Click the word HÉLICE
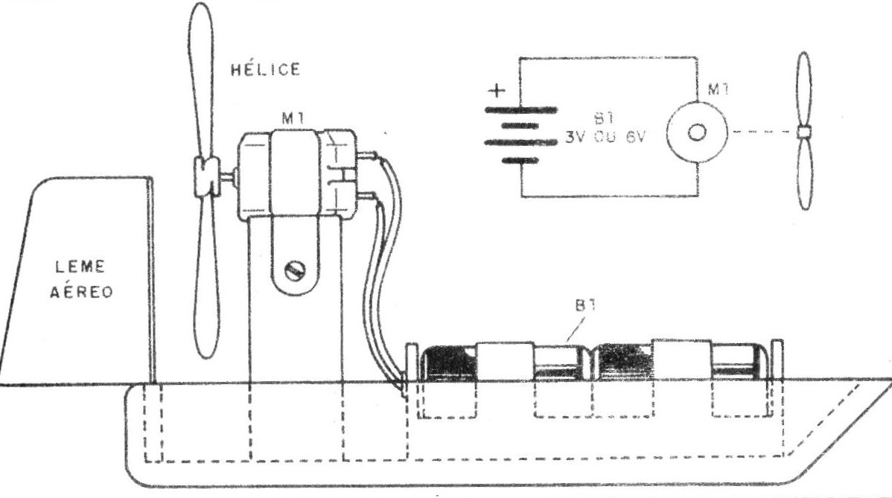pyautogui.click(x=265, y=68)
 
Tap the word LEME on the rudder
pyautogui.click(x=80, y=266)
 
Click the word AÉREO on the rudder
pyautogui.click(x=81, y=293)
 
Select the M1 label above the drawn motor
pyautogui.click(x=293, y=118)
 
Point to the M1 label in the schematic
pyautogui.click(x=718, y=89)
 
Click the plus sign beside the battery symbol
pyautogui.click(x=497, y=90)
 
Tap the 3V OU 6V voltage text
pyautogui.click(x=605, y=137)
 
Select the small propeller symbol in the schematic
pyautogui.click(x=803, y=131)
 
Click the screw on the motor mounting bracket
pyautogui.click(x=296, y=270)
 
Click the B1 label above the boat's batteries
pyautogui.click(x=584, y=305)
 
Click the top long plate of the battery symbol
pyautogui.click(x=520, y=109)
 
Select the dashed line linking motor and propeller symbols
pyautogui.click(x=762, y=132)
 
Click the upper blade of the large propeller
pyautogui.click(x=201, y=80)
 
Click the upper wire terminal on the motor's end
pyautogui.click(x=367, y=155)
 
